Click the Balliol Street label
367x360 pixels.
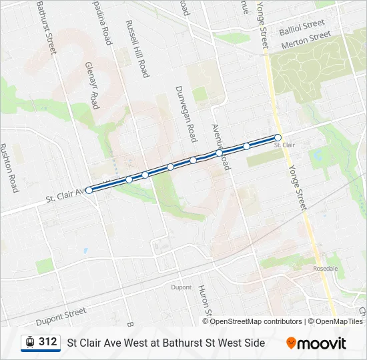pos(302,27)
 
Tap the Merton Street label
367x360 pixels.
pos(306,40)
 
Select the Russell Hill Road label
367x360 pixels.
pos(136,49)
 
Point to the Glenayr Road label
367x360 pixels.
pos(92,86)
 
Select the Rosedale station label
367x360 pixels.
pos(325,268)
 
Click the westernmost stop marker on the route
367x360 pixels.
pos(89,190)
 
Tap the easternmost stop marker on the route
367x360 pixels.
pos(278,138)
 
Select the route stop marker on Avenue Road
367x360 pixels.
pos(219,153)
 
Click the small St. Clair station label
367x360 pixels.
pos(284,145)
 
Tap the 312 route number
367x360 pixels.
pos(48,342)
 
